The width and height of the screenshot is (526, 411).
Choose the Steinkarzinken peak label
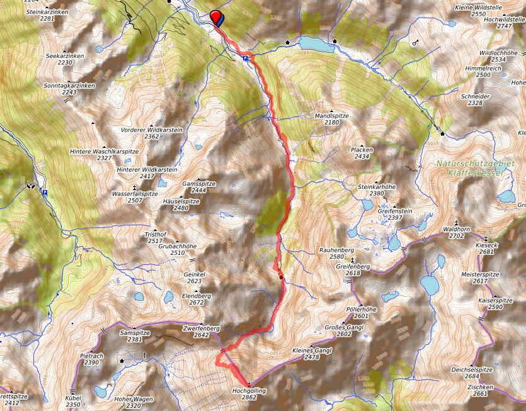click(x=47, y=11)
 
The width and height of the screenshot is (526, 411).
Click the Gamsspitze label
click(x=198, y=183)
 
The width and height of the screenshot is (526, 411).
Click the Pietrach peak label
click(x=91, y=356)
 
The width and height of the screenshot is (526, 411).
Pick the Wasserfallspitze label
click(x=134, y=193)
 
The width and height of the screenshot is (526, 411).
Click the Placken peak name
click(x=362, y=150)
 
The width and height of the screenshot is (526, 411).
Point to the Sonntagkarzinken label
click(x=69, y=85)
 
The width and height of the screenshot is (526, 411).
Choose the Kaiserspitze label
click(x=495, y=300)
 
